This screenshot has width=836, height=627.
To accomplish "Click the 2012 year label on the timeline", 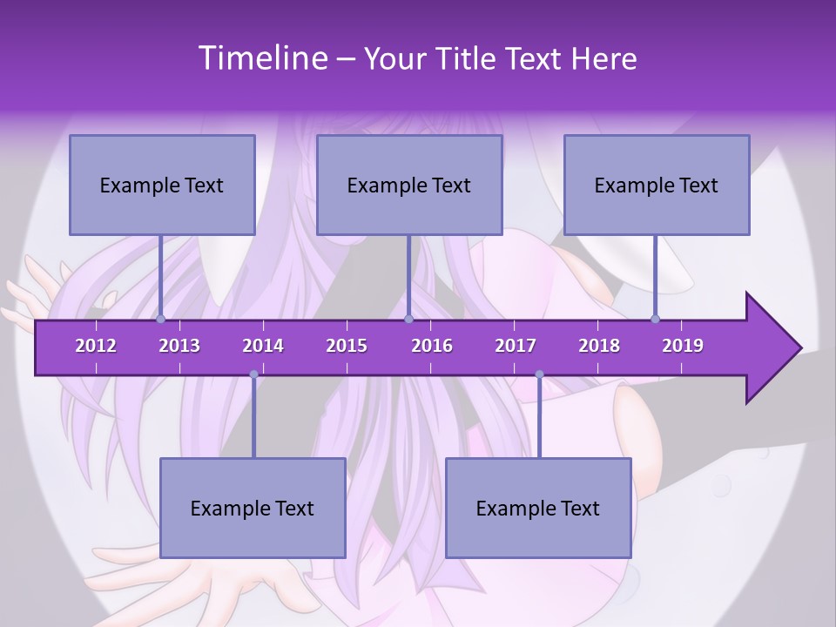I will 96,346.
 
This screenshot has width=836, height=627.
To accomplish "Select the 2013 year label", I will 179,346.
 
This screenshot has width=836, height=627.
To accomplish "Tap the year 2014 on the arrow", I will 263,346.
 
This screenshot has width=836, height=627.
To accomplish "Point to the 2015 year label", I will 347,346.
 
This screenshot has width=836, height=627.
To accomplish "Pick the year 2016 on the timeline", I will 432,346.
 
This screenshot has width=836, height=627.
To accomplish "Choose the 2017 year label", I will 516,346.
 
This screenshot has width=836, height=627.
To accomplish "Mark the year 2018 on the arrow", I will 599,346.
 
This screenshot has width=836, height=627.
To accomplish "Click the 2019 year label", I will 683,346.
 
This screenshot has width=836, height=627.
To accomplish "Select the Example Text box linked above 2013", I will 162,185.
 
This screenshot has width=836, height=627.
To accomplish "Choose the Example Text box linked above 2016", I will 409,185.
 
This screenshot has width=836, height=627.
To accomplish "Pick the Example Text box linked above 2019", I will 657,185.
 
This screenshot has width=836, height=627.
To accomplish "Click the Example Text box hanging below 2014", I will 253,508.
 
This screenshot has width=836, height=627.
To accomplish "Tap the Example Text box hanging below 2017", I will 538,508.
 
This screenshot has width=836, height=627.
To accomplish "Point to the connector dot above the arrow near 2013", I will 160,320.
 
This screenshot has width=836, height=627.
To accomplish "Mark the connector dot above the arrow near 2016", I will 408,320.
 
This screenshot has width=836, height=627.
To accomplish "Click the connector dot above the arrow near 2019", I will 656,320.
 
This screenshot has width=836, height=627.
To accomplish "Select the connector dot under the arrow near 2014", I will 253,374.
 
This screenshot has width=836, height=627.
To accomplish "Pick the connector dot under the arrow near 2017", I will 539,374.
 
